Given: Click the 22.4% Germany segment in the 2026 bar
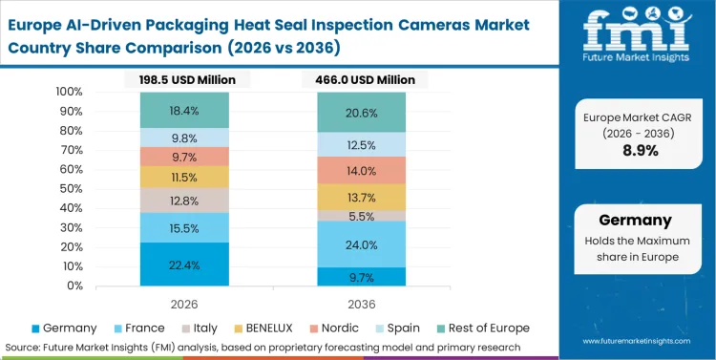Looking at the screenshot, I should [184, 265].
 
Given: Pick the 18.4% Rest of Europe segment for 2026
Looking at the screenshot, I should [184, 111].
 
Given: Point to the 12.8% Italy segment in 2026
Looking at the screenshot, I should [184, 201].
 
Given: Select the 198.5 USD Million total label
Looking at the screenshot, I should [184, 79].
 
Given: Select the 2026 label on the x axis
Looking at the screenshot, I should [184, 303].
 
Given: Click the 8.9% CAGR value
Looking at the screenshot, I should [640, 150].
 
